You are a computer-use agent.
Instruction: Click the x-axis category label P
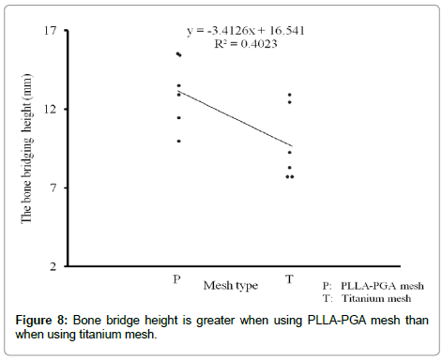coord(177,279)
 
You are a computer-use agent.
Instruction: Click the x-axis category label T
coord(290,279)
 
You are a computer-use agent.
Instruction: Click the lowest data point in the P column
coord(178,141)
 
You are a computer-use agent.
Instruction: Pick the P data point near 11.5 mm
coord(178,117)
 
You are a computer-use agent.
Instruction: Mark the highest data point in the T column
coord(290,95)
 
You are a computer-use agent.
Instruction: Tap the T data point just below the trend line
coord(290,152)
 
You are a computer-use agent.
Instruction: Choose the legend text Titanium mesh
coord(381,298)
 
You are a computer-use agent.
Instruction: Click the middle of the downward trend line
coord(235,118)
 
